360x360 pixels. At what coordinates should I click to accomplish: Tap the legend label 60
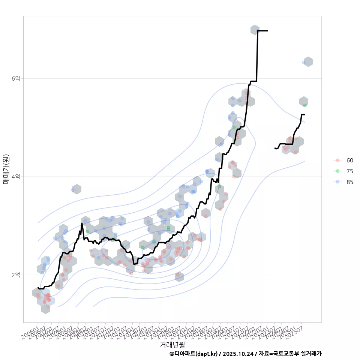coord(349,160)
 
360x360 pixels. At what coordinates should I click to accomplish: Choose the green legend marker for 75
coord(338,171)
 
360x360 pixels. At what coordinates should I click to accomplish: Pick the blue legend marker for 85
coord(338,182)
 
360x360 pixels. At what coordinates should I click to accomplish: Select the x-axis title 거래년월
coord(172,344)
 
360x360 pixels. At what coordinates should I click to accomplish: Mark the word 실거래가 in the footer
coord(311,354)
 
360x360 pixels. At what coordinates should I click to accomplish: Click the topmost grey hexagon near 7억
coord(255,30)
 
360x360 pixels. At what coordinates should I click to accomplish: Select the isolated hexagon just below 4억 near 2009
coord(76,189)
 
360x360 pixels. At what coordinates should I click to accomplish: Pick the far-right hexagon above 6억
coord(308,62)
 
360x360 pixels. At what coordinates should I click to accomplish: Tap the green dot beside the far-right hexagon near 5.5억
coord(305,105)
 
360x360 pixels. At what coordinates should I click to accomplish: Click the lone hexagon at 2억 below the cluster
coord(179,277)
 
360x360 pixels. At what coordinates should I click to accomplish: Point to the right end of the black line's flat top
coord(267,31)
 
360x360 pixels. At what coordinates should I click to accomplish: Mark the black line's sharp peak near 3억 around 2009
coord(82,223)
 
